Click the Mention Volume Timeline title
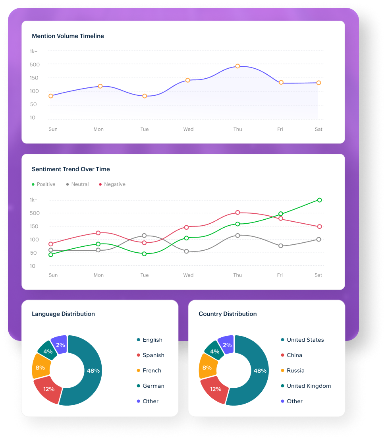coord(68,36)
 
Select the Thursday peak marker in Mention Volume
coord(237,66)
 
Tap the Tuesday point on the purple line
coord(145,96)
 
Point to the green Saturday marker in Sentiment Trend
coord(319,200)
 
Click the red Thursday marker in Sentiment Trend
coord(237,213)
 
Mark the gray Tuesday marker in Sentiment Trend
coord(144,236)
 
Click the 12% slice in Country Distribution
coord(215,389)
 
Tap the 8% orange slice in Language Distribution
coord(40,367)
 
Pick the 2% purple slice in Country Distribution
coord(227,345)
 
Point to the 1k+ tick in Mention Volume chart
coord(33,51)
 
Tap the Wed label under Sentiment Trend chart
coord(188,275)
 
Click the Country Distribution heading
coord(228,314)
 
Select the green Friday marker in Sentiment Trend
coord(281,214)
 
